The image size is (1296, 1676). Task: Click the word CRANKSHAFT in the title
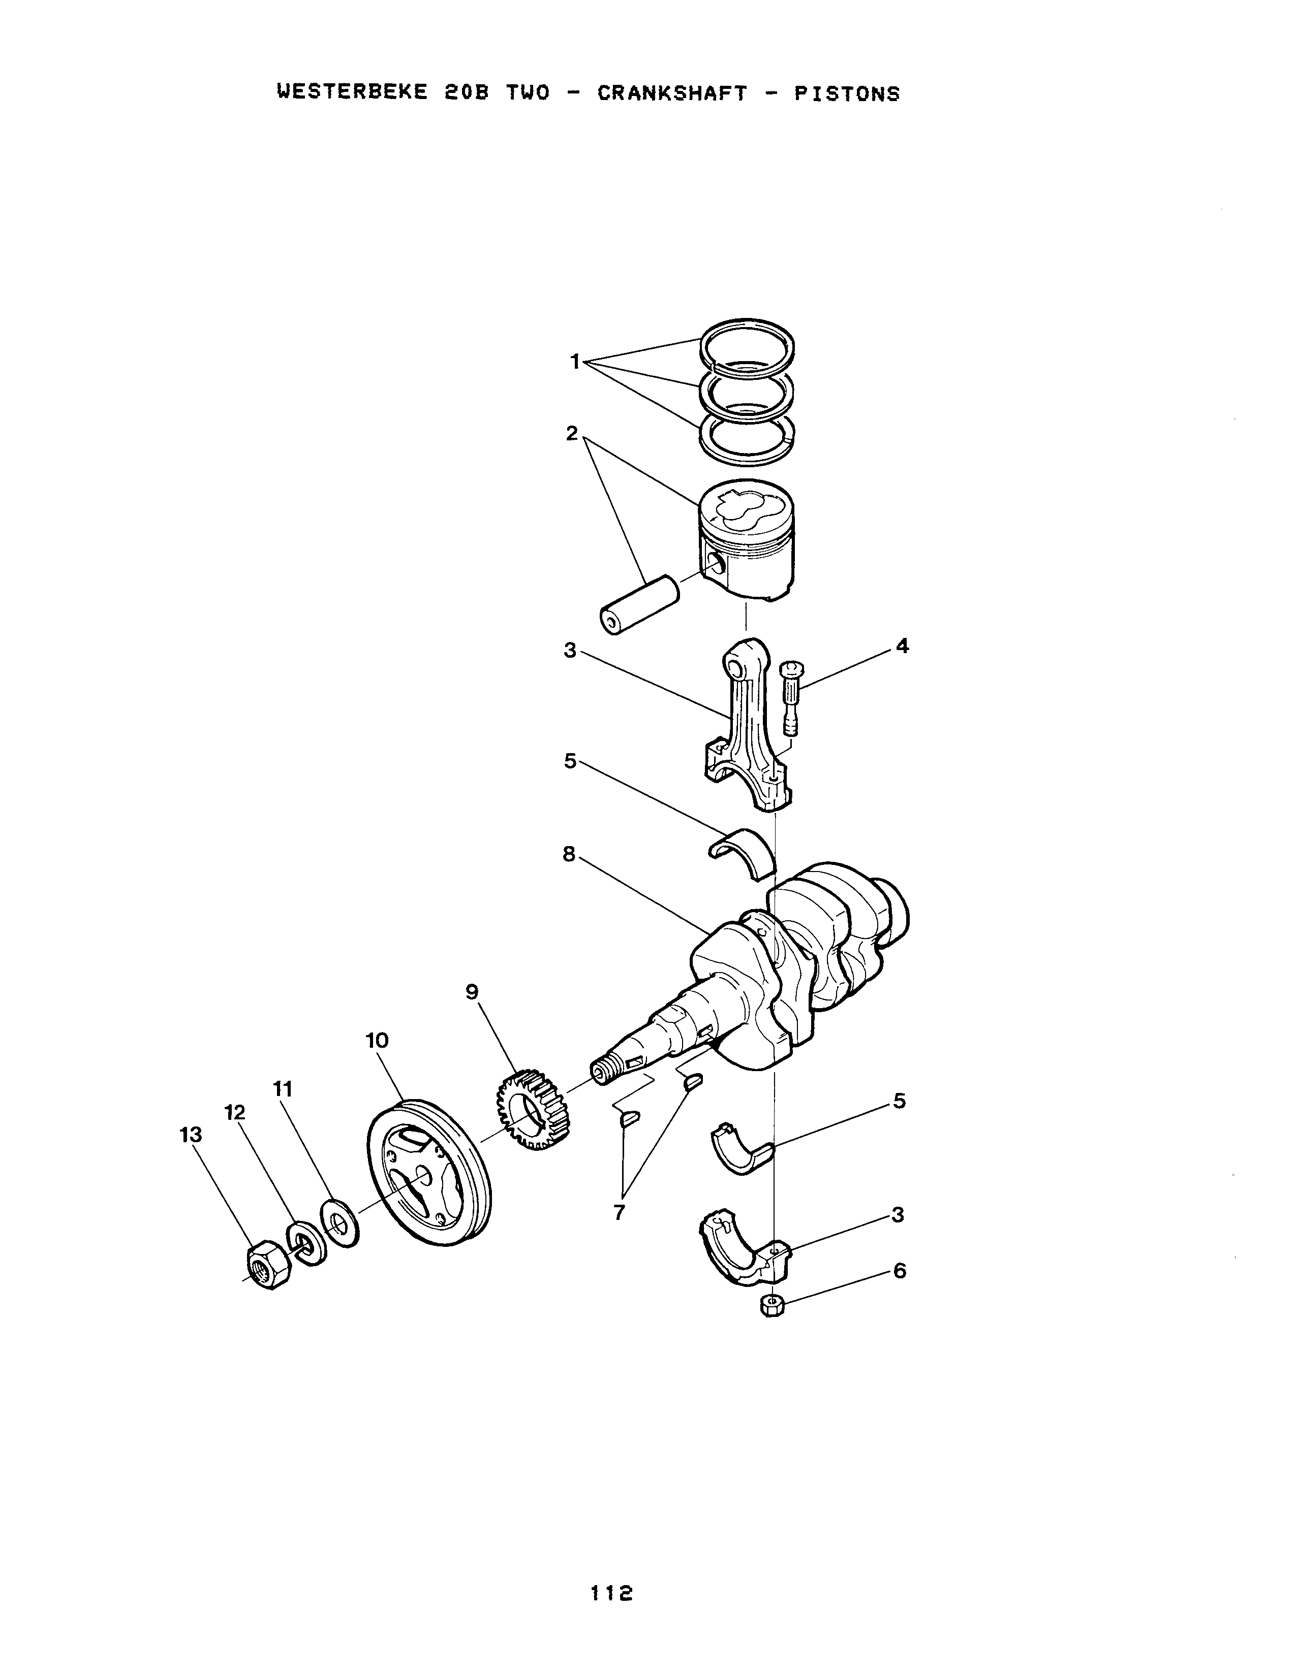672,93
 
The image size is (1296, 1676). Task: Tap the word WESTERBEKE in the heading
352,93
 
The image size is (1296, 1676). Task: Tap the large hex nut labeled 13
268,1265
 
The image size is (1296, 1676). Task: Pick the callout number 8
569,854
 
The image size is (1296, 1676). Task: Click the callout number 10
377,1041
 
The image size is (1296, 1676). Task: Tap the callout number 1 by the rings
575,362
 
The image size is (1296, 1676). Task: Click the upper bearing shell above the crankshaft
742,851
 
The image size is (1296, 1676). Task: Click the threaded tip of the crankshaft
603,1071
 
